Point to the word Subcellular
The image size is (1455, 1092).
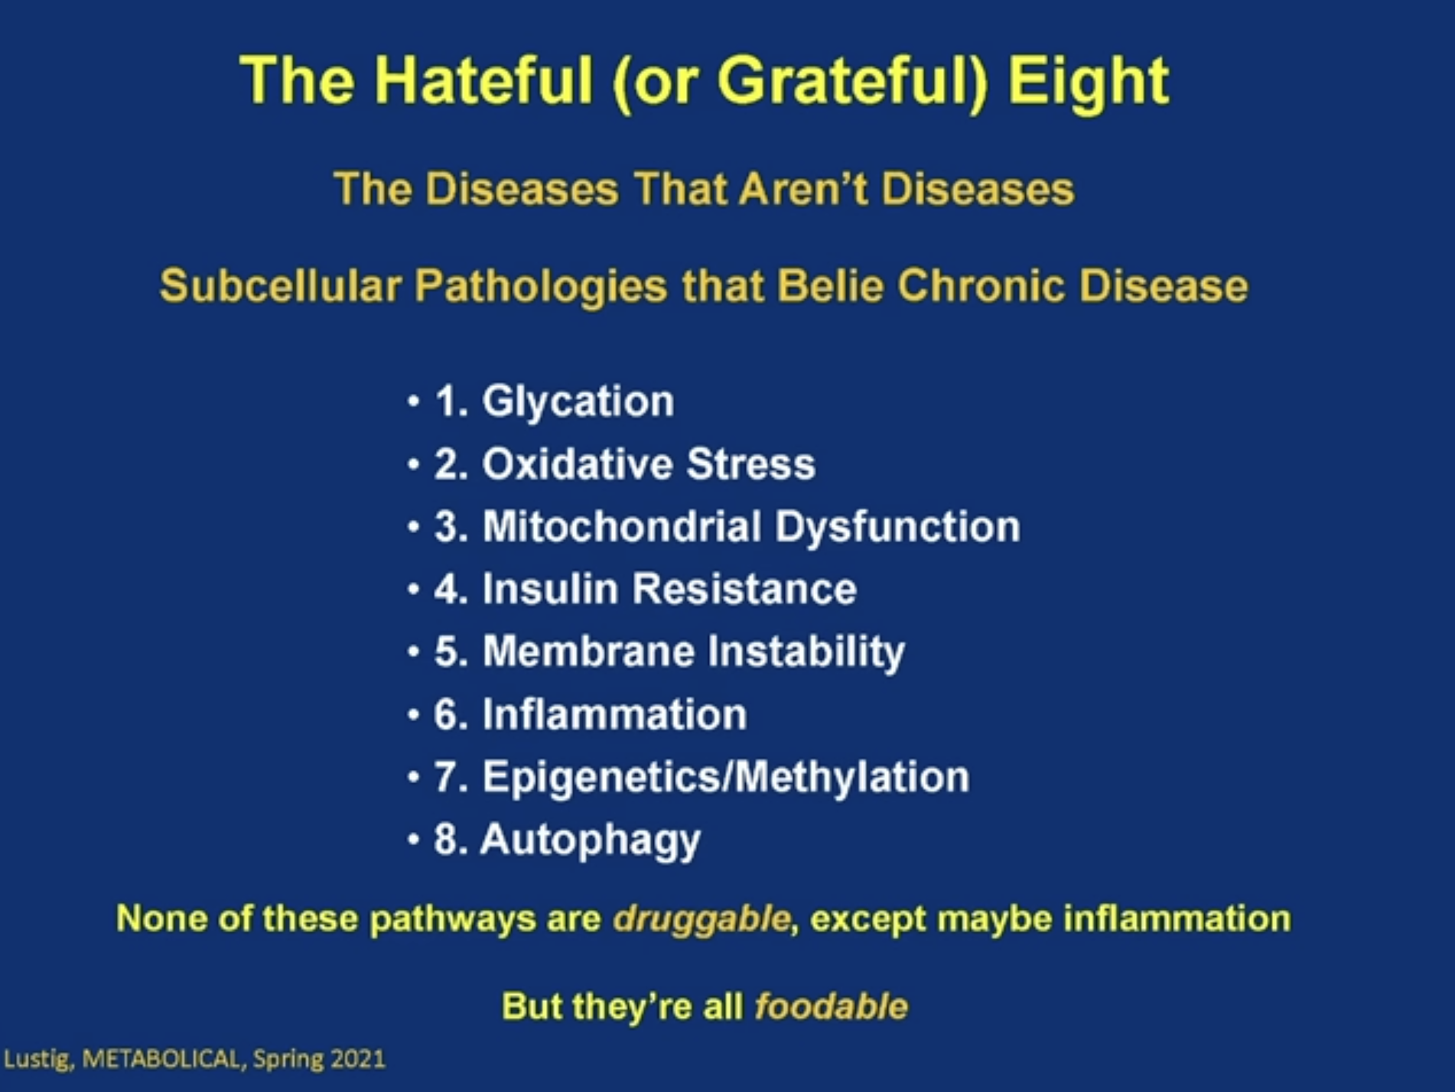(281, 285)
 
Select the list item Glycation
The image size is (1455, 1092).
(578, 401)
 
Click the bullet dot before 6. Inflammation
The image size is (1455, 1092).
(414, 715)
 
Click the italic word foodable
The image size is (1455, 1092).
(832, 1006)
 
